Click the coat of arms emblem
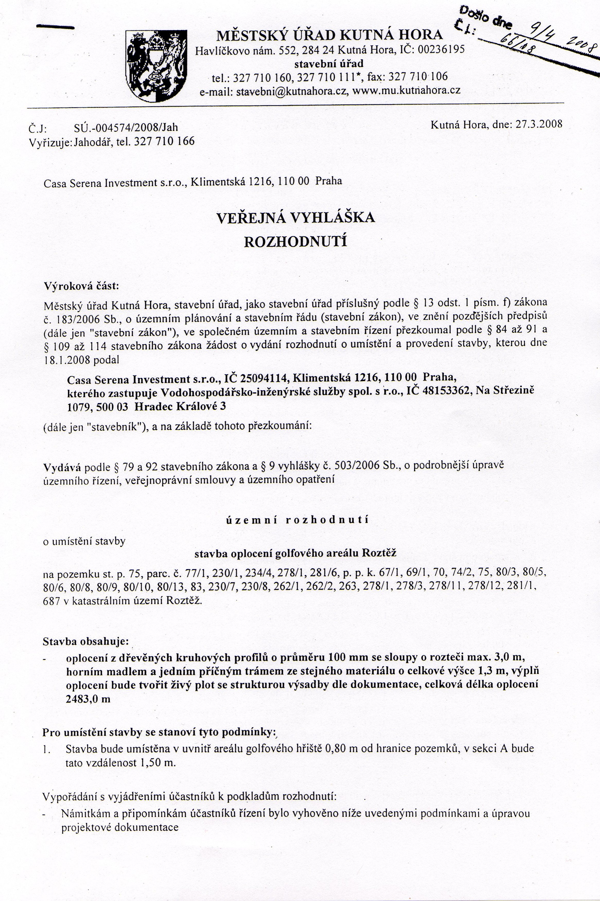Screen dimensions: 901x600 click(x=156, y=66)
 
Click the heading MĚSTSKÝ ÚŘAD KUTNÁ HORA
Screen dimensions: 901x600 click(x=329, y=35)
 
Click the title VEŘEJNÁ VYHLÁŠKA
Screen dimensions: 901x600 click(x=295, y=218)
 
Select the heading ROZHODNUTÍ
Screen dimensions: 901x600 click(x=295, y=242)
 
